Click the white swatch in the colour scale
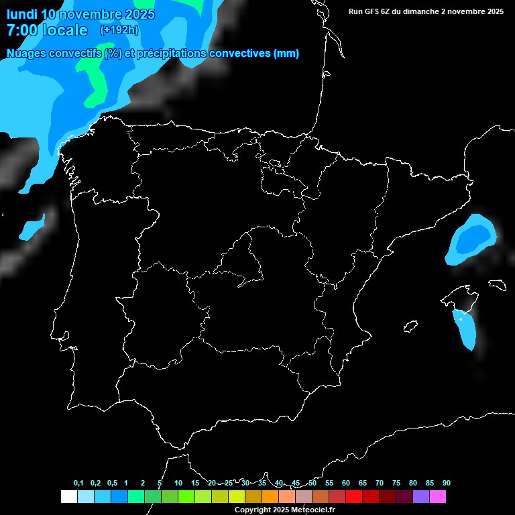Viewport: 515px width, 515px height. click(68, 497)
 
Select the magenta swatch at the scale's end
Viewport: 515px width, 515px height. click(438, 497)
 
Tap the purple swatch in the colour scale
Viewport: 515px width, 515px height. click(421, 497)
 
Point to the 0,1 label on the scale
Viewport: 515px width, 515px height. click(78, 483)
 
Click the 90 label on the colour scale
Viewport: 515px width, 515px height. click(447, 483)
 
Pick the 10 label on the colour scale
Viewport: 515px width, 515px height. click(178, 483)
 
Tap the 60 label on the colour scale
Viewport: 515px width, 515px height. click(346, 483)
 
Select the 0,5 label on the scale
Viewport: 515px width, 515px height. click(112, 483)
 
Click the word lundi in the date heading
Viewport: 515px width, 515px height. click(21, 14)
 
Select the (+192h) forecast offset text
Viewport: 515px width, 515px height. click(119, 30)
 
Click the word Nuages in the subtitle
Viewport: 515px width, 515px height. click(27, 54)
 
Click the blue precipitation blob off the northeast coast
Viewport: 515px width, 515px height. click(472, 238)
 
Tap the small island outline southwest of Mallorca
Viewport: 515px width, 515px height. click(410, 327)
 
